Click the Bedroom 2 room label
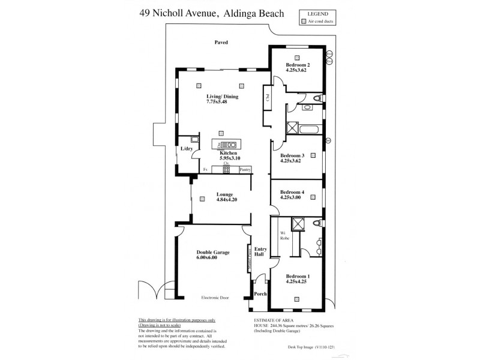coord(298,65)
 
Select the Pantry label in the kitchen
coord(244,170)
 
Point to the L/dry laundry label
coord(187,149)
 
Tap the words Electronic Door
coord(217,298)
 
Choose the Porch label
coord(260,294)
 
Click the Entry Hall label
coord(260,252)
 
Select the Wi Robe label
coord(285,236)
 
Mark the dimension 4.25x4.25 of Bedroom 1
coord(297,283)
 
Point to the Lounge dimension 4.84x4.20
coord(220,200)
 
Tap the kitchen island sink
coord(228,145)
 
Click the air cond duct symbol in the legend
coord(304,21)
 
